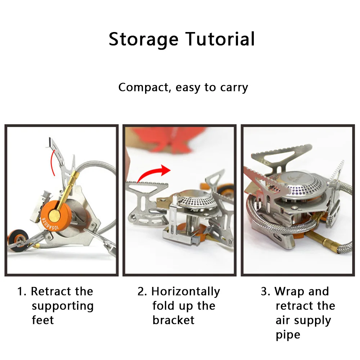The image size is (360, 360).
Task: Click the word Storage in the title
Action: [x=143, y=39]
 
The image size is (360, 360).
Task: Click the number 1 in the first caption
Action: [x=21, y=291]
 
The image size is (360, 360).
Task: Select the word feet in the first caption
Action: [x=42, y=320]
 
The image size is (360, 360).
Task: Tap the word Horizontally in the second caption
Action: [x=185, y=291]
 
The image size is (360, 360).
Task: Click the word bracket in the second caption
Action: [x=173, y=320]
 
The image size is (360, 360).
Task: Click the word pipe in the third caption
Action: [x=288, y=335]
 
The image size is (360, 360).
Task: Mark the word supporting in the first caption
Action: [x=62, y=306]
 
